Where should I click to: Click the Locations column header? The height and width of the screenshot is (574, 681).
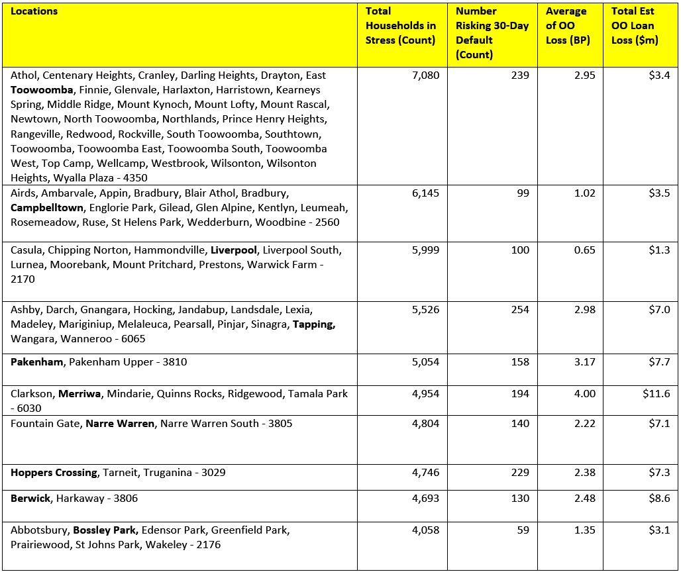click(34, 11)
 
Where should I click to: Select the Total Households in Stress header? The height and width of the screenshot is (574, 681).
click(400, 26)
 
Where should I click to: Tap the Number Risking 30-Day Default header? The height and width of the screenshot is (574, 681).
click(492, 32)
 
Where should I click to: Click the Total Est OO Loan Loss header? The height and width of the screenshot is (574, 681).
click(633, 26)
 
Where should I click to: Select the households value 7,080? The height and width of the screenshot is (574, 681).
click(425, 75)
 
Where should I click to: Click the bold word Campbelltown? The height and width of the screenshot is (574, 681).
click(47, 208)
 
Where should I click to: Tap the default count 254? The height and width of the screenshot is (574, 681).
click(520, 310)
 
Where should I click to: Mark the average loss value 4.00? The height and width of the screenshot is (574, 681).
click(585, 394)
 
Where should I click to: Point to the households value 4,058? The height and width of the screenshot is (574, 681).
click(425, 530)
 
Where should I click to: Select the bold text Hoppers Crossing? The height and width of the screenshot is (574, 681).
click(54, 473)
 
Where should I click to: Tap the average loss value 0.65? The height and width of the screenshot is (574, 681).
click(585, 250)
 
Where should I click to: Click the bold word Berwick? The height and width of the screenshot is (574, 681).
click(30, 499)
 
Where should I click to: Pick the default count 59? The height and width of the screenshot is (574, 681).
click(523, 530)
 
